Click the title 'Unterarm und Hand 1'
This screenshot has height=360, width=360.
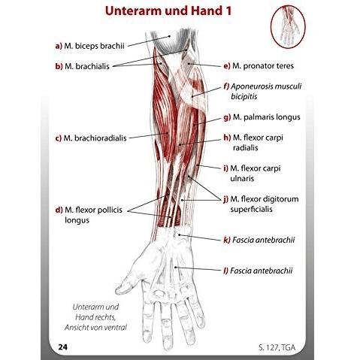point(168,11)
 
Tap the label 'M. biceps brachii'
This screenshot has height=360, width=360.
point(94,46)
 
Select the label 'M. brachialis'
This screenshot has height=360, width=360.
point(87,66)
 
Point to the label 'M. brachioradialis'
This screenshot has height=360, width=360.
point(95,138)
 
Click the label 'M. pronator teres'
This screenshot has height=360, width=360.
point(263,66)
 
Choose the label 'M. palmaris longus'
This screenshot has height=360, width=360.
point(267,117)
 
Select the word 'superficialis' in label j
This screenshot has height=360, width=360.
point(251,209)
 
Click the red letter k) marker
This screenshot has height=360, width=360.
point(227,240)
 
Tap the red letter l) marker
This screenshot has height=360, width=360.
point(225,271)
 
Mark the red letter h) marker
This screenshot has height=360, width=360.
point(227,138)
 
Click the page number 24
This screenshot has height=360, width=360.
point(62,347)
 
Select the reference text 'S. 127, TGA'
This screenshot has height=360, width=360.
point(277,348)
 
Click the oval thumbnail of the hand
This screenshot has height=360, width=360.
point(289,26)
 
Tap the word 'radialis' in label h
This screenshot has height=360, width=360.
point(245,147)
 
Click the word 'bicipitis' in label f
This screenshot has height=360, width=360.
point(244,97)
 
